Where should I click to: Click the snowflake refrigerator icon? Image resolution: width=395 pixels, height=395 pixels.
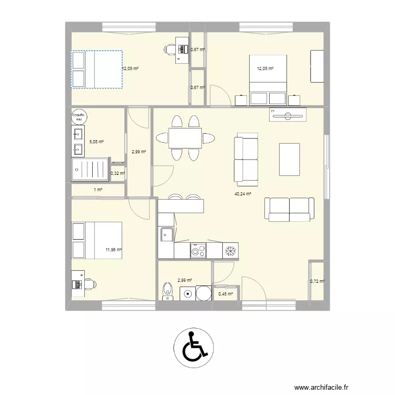click(230, 251)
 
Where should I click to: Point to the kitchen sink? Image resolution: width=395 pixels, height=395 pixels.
click(167, 234)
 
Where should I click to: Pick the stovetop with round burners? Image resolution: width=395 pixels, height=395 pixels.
click(198, 251)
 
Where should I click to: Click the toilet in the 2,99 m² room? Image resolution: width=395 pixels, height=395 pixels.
click(168, 290)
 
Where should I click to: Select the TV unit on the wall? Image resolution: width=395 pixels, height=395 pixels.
click(287, 114)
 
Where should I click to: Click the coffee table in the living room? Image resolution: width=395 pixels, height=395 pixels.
click(290, 159)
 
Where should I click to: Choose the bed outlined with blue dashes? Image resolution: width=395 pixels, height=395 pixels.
click(97, 69)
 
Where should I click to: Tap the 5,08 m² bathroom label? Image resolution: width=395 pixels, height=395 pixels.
click(96, 142)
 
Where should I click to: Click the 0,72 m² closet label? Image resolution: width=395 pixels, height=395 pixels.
click(317, 282)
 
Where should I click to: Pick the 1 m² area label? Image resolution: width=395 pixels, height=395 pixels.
click(98, 190)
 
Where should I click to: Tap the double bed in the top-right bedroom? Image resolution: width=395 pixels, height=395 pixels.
click(269, 79)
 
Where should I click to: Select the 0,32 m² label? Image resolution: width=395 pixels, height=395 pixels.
click(117, 173)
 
